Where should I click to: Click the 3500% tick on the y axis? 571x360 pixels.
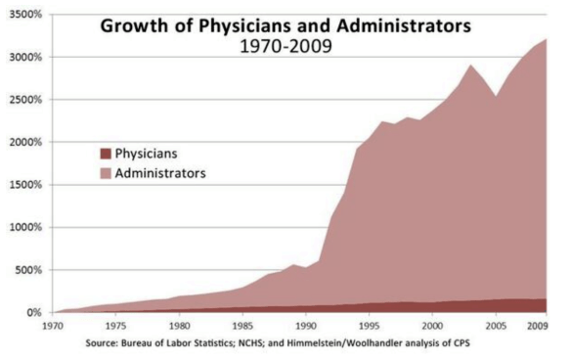tap(26, 15)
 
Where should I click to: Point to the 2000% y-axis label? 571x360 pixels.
tap(26, 143)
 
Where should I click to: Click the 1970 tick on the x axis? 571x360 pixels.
tap(53, 324)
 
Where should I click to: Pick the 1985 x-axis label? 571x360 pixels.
tap(241, 324)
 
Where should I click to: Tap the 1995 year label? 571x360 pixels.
tap(367, 324)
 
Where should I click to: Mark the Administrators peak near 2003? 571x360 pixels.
tap(469, 66)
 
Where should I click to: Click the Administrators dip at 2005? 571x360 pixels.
tap(495, 96)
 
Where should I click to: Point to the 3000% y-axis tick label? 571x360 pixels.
tap(26, 58)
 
